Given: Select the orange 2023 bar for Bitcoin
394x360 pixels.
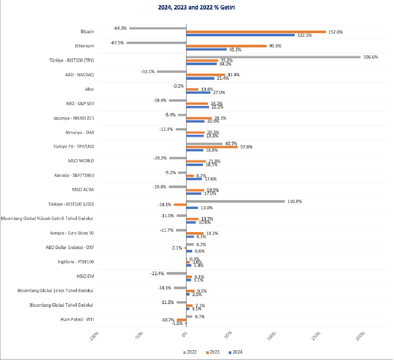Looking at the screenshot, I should pos(256,32).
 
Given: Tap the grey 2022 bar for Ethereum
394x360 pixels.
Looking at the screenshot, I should pos(156,43).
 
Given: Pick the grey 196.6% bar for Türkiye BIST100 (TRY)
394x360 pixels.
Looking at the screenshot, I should pos(273,57).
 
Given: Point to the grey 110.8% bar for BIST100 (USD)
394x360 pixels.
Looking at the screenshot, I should pos(235,201).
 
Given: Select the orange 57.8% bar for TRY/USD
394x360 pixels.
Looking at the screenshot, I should pos(212,147).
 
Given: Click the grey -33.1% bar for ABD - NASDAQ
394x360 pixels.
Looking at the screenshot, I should pos(171,71).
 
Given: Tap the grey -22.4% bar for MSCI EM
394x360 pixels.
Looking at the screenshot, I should pos(176,273).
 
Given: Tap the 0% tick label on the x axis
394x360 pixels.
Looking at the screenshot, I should pos(185,335).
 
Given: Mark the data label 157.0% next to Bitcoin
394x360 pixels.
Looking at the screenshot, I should pos(335,32).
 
